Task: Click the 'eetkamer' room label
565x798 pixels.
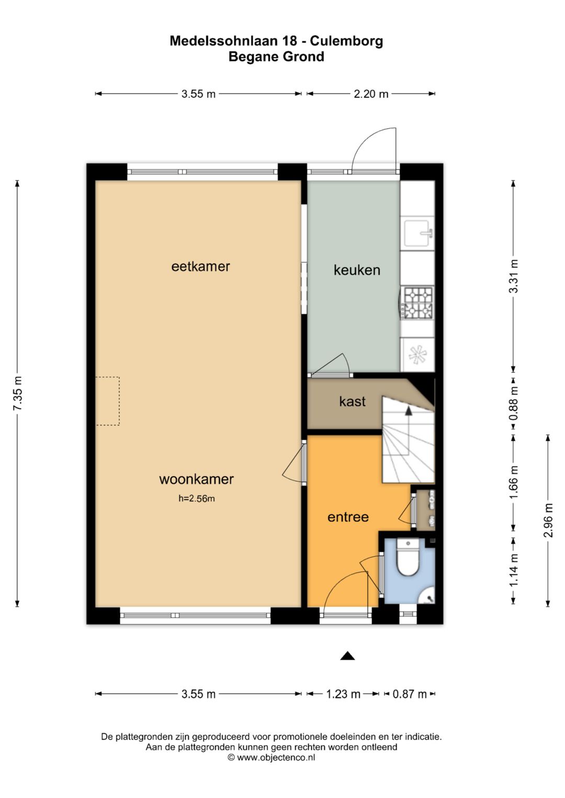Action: click(x=200, y=267)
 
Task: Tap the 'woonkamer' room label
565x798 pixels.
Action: click(x=196, y=479)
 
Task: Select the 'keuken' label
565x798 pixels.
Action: click(x=357, y=270)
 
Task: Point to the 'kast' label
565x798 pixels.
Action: click(x=352, y=401)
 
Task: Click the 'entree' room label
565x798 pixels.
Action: click(x=348, y=517)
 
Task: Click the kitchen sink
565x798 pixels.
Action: click(x=417, y=234)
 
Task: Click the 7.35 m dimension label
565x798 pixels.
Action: click(x=17, y=393)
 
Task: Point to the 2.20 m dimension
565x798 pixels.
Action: click(x=371, y=94)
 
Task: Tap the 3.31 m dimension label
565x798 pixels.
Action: click(x=513, y=276)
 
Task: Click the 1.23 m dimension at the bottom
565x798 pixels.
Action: click(x=343, y=694)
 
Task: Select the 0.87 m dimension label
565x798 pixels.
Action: click(x=410, y=694)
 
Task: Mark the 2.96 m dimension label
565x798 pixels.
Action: click(x=548, y=520)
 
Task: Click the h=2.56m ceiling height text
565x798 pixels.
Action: click(x=197, y=499)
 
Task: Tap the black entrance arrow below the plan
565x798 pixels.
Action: click(x=347, y=656)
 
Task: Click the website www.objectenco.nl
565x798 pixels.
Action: click(x=276, y=757)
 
